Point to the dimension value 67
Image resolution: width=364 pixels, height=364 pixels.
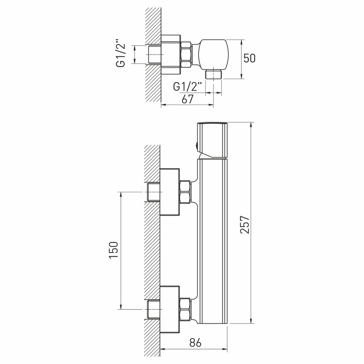(187, 99)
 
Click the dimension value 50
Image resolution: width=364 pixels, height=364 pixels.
(250, 58)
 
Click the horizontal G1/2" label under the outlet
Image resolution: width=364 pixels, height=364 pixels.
(187, 87)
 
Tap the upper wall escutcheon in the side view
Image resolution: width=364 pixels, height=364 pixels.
(170, 192)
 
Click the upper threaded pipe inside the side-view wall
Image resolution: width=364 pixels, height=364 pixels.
(153, 192)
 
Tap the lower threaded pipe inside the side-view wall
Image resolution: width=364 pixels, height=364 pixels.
(153, 309)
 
